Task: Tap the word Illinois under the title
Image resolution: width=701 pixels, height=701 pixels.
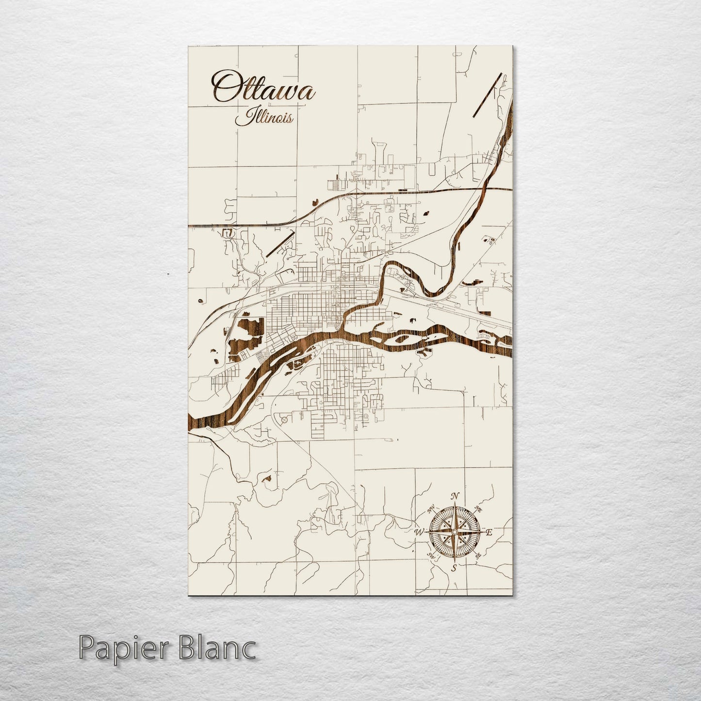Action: pos(264,117)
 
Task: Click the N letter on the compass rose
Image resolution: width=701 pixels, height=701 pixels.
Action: pos(455,496)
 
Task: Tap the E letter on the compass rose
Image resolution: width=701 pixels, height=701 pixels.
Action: pos(489,533)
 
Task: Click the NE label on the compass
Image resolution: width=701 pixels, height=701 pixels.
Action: pos(478,510)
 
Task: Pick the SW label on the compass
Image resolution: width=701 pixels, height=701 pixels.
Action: pos(430,555)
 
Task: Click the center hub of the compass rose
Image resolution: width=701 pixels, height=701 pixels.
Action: pos(454,532)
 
